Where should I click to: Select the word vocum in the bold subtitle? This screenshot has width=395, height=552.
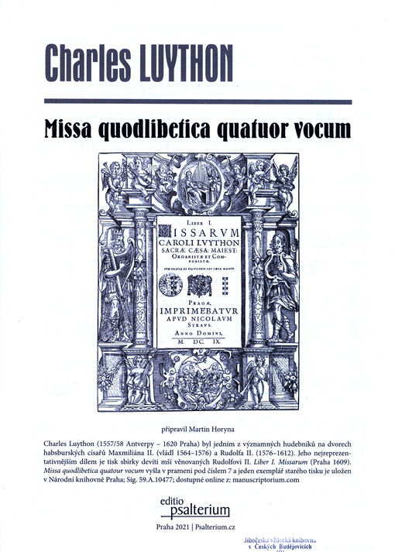[x=307, y=129]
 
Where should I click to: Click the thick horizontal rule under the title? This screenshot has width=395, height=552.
[x=197, y=101]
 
